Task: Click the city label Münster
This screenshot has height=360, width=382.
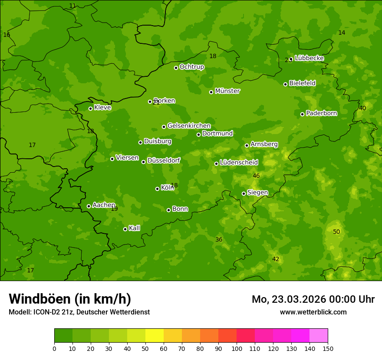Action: (227, 91)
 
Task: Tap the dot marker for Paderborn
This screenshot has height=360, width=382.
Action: (303, 114)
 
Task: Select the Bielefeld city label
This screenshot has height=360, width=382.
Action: (302, 83)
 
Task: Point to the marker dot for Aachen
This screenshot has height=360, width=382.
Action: (89, 206)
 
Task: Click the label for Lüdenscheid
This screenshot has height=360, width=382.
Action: (239, 163)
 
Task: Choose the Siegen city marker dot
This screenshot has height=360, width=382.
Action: (244, 193)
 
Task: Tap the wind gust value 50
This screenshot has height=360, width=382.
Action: (336, 232)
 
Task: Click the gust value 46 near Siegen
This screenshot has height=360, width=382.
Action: (256, 176)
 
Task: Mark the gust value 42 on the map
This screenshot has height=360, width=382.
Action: (276, 259)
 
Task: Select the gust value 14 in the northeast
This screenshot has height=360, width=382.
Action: (342, 33)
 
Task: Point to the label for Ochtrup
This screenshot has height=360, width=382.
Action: (191, 67)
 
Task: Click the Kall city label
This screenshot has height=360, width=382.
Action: (134, 228)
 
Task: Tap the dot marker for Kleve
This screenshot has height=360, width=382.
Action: (91, 108)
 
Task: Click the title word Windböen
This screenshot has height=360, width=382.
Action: (40, 299)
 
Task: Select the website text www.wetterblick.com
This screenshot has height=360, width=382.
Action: (313, 312)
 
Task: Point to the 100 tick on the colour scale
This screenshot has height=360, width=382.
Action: (237, 348)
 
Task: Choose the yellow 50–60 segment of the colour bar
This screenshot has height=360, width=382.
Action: (155, 335)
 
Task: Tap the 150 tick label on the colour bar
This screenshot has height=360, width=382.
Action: (328, 348)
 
